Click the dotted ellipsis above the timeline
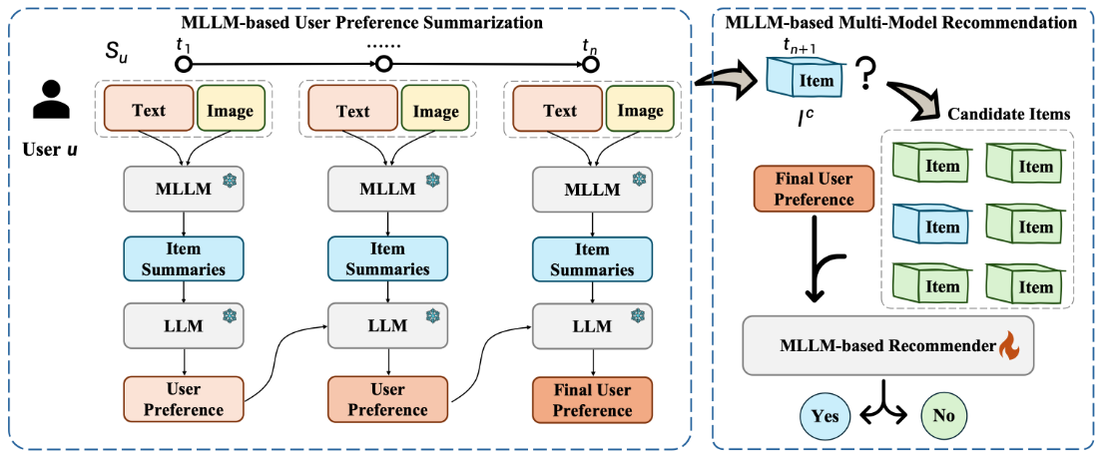(x=383, y=44)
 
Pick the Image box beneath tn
(x=640, y=110)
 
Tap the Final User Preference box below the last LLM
(x=593, y=398)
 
